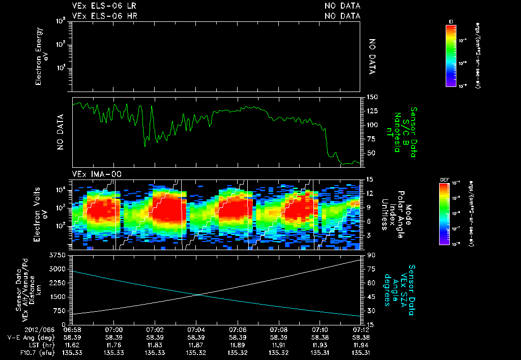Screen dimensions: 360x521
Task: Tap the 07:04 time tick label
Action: [196, 329]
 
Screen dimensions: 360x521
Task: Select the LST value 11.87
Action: [196, 344]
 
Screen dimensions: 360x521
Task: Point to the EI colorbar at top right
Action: [451, 56]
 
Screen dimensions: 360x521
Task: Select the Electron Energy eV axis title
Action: [43, 55]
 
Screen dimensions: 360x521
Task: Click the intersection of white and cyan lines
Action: [197, 294]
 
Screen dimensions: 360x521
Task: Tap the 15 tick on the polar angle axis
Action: [365, 179]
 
